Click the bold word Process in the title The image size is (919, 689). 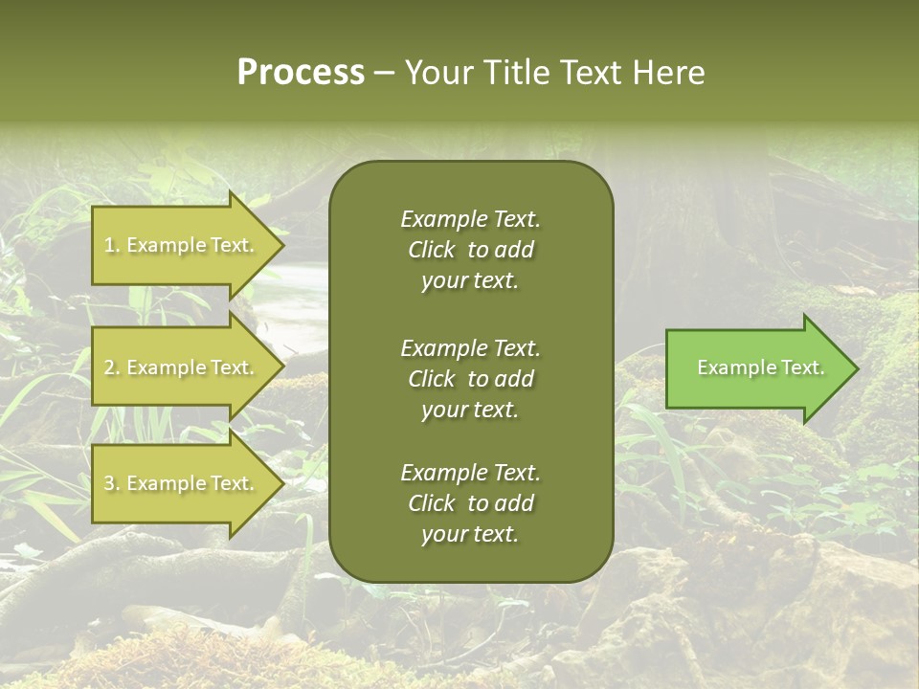click(x=301, y=73)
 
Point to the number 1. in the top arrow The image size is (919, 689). click(x=112, y=245)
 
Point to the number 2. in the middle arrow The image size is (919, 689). click(x=112, y=367)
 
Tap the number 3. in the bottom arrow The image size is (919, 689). click(x=112, y=484)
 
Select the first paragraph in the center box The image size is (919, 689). click(x=470, y=250)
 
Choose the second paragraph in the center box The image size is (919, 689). click(x=470, y=379)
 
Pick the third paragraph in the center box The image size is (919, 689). click(x=470, y=503)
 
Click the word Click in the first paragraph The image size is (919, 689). click(x=431, y=250)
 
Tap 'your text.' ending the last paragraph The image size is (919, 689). click(x=470, y=535)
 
